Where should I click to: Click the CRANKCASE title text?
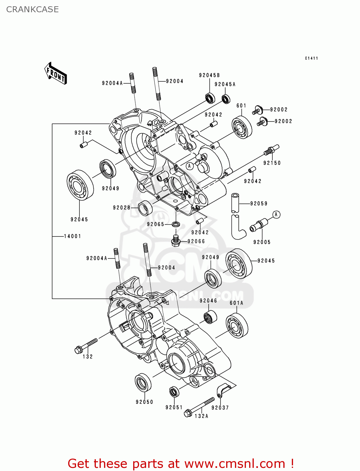click(32, 9)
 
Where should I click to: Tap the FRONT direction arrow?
click(56, 73)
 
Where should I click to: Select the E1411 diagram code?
click(311, 58)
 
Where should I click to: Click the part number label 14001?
click(73, 236)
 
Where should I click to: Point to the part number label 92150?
click(272, 163)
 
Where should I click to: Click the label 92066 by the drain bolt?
click(196, 241)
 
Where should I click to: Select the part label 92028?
click(122, 208)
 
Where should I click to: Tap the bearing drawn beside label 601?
click(242, 127)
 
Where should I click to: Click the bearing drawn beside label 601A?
click(237, 326)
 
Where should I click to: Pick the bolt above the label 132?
click(86, 345)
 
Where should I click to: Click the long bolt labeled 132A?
click(199, 407)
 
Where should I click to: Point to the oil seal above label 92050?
click(143, 382)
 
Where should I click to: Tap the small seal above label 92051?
click(174, 392)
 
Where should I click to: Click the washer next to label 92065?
click(176, 224)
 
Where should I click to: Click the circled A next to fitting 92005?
click(276, 215)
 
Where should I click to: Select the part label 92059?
click(259, 203)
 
